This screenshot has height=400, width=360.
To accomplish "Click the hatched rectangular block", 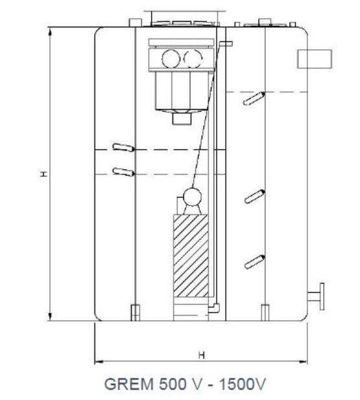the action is point(191,256).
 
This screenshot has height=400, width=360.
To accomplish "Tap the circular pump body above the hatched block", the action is point(192,196).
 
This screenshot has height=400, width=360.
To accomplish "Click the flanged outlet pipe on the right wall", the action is point(317,296).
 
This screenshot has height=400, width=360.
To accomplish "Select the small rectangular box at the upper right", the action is point(315,59).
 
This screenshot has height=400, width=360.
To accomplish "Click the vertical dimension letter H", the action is point(44,174).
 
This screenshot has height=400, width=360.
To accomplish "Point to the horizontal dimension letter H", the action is point(202,355).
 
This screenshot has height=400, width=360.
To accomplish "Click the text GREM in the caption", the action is point(129,384).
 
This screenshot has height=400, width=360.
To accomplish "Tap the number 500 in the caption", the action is point(173,384).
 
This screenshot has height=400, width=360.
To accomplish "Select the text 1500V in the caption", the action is point(243,384).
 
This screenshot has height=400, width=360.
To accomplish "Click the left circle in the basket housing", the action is point(171,59).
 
